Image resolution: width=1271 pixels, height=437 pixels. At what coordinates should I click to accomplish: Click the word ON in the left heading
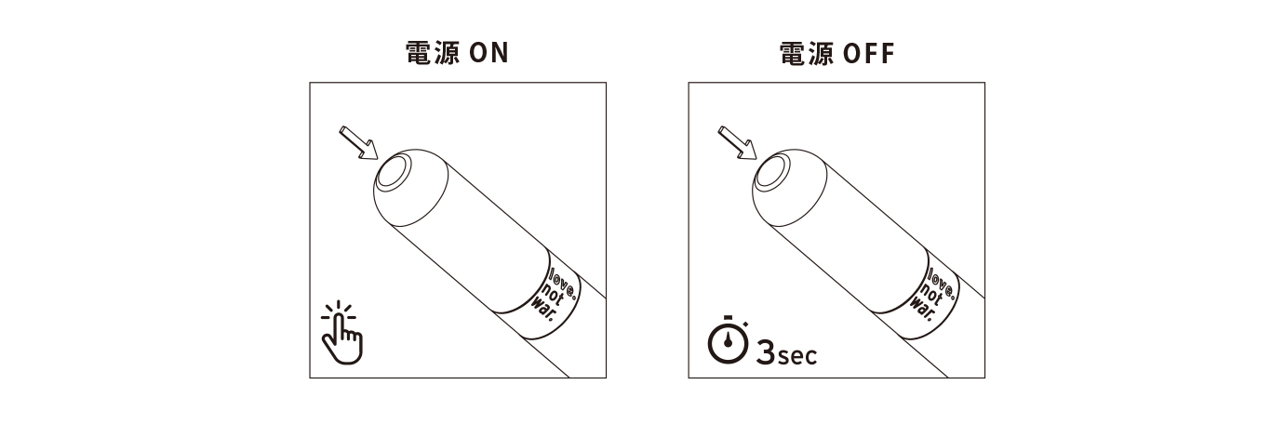(489, 53)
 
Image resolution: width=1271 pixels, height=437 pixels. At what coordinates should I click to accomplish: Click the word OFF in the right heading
(869, 53)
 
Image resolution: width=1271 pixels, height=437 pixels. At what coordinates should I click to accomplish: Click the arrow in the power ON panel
(358, 143)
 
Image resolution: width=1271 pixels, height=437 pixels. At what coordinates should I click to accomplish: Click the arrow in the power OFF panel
(737, 143)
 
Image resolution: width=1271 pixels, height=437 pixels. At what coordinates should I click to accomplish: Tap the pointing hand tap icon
(341, 333)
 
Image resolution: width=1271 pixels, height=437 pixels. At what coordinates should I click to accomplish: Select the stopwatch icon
(728, 339)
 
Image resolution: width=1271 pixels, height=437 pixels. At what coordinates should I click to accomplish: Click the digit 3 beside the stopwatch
(766, 352)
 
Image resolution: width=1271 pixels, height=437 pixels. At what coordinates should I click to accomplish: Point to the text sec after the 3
(797, 356)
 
